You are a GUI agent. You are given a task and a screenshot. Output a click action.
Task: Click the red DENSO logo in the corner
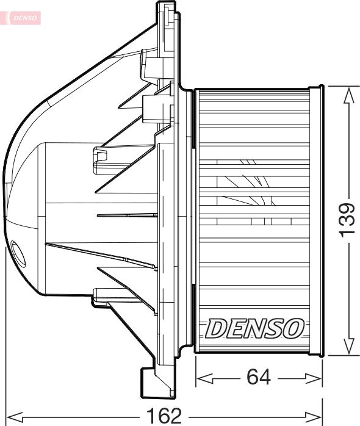[24, 18]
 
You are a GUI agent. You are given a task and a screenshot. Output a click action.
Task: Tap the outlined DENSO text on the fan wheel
[254, 328]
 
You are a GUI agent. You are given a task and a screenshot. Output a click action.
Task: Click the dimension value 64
[259, 378]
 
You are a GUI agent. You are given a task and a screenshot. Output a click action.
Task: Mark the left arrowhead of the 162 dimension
[13, 417]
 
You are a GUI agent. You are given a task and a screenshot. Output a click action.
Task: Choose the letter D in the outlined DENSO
[215, 328]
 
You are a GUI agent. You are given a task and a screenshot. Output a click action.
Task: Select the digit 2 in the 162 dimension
[176, 416]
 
